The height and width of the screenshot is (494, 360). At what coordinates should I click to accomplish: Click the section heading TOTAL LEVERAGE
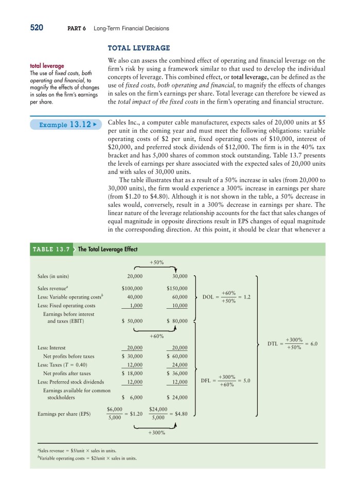[x=138, y=48]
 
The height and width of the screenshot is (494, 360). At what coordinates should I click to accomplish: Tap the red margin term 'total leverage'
[x=47, y=66]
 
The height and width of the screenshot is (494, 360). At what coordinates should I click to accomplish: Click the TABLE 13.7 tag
[x=51, y=250]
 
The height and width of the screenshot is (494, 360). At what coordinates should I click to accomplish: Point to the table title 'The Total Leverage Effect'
[x=107, y=250]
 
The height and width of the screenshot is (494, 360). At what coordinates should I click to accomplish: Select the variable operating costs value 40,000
[x=135, y=297]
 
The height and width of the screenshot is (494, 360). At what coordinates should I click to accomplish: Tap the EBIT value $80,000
[x=177, y=321]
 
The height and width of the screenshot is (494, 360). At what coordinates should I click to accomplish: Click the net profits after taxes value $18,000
[x=132, y=373]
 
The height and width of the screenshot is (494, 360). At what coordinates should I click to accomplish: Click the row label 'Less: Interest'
[x=51, y=347]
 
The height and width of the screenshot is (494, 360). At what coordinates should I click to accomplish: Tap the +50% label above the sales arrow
[x=157, y=262]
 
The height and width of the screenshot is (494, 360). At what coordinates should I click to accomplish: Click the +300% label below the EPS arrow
[x=157, y=433]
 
